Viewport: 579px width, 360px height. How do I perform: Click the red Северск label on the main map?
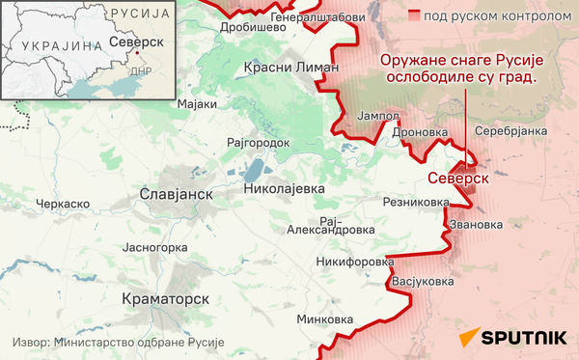click(457, 179)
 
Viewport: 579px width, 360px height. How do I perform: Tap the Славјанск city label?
click(176, 194)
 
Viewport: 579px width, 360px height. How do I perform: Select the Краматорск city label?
click(167, 299)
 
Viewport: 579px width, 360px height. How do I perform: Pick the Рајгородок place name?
click(258, 142)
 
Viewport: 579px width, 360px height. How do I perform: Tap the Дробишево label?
click(254, 28)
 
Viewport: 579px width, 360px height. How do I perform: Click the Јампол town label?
click(378, 116)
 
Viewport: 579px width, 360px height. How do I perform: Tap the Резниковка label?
click(416, 203)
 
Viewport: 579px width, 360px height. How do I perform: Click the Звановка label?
click(476, 225)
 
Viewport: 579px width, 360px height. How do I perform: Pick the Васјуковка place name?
click(422, 282)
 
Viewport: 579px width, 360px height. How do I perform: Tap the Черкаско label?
click(63, 204)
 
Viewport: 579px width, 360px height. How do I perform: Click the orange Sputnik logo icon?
click(468, 338)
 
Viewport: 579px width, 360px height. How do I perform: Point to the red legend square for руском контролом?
click(414, 16)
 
